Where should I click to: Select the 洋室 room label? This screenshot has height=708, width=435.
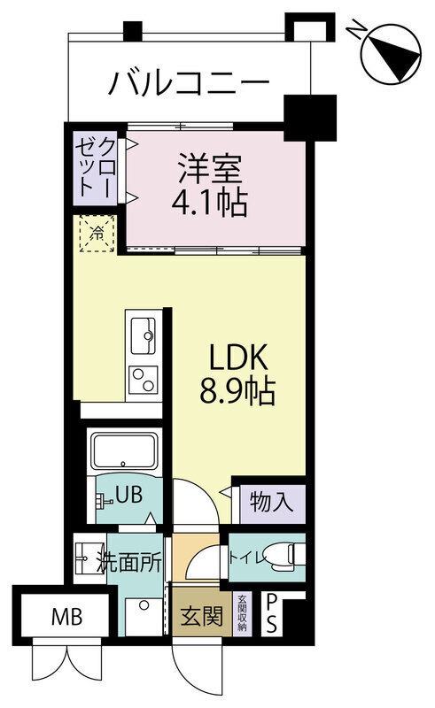(209, 167)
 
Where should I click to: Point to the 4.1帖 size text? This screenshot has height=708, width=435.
(209, 203)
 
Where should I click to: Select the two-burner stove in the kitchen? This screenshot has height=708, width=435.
(143, 379)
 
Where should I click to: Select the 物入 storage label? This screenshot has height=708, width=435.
(270, 503)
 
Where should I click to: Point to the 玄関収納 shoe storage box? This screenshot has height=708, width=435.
(240, 613)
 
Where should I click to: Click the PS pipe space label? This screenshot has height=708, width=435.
(272, 613)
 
